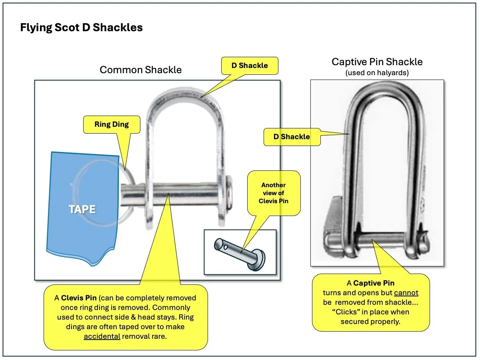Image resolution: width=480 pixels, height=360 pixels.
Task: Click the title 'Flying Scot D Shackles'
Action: pyautogui.click(x=81, y=28)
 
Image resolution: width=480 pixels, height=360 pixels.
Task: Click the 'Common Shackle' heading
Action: pyautogui.click(x=140, y=70)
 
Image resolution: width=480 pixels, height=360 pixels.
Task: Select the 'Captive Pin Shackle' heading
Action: pyautogui.click(x=377, y=62)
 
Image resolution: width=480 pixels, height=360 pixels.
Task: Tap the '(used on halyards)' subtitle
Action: pyautogui.click(x=377, y=73)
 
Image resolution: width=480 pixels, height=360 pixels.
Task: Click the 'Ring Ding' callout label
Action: pyautogui.click(x=112, y=124)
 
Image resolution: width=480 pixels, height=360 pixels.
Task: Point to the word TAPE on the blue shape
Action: pyautogui.click(x=82, y=209)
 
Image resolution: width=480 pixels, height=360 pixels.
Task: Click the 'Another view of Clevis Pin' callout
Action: pyautogui.click(x=274, y=193)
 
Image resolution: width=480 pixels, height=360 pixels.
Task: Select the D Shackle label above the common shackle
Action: pyautogui.click(x=249, y=65)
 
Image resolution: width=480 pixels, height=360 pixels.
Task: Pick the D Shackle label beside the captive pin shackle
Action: pyautogui.click(x=292, y=136)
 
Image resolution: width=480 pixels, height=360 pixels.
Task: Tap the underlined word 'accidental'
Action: pyautogui.click(x=102, y=336)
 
